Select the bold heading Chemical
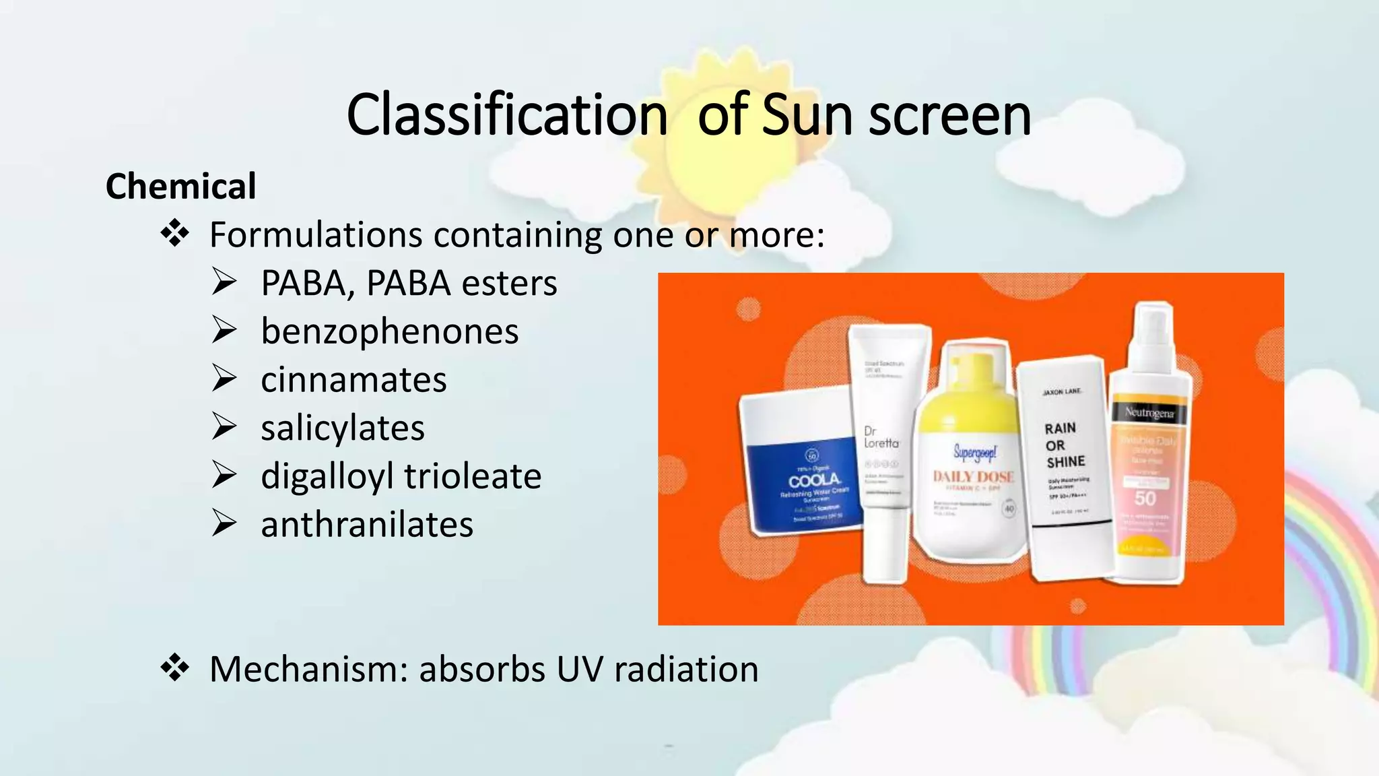tap(180, 187)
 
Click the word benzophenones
tap(389, 331)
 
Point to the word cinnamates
tap(354, 380)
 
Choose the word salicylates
tap(343, 428)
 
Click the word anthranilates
tap(367, 525)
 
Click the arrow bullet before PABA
tap(224, 282)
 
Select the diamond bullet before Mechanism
tap(175, 668)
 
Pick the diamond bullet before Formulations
tap(175, 234)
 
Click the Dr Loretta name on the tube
tap(881, 437)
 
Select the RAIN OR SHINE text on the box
tap(1064, 445)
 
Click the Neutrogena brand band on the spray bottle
tap(1149, 413)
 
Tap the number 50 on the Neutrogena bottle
tap(1145, 498)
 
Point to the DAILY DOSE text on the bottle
tap(973, 477)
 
